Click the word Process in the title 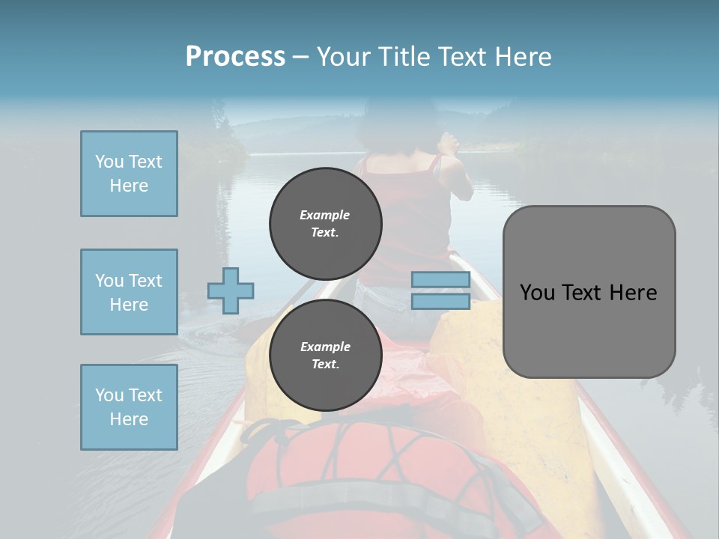click(x=235, y=57)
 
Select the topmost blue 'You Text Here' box click(x=129, y=174)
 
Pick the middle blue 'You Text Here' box click(x=129, y=292)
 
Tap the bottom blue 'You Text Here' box click(x=129, y=407)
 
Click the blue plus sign click(x=231, y=290)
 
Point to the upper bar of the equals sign click(x=440, y=280)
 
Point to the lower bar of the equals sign click(x=440, y=302)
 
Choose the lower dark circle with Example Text click(x=325, y=355)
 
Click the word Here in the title click(x=522, y=57)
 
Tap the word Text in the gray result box click(x=589, y=293)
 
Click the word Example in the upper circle click(x=325, y=215)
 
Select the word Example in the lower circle click(x=325, y=347)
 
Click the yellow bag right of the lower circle click(x=479, y=374)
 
